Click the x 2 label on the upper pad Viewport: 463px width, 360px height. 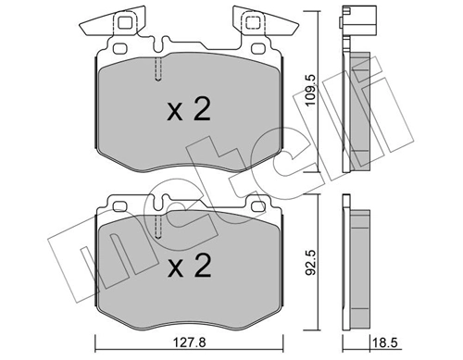(x=189, y=111)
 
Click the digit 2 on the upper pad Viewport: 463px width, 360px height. (x=203, y=111)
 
